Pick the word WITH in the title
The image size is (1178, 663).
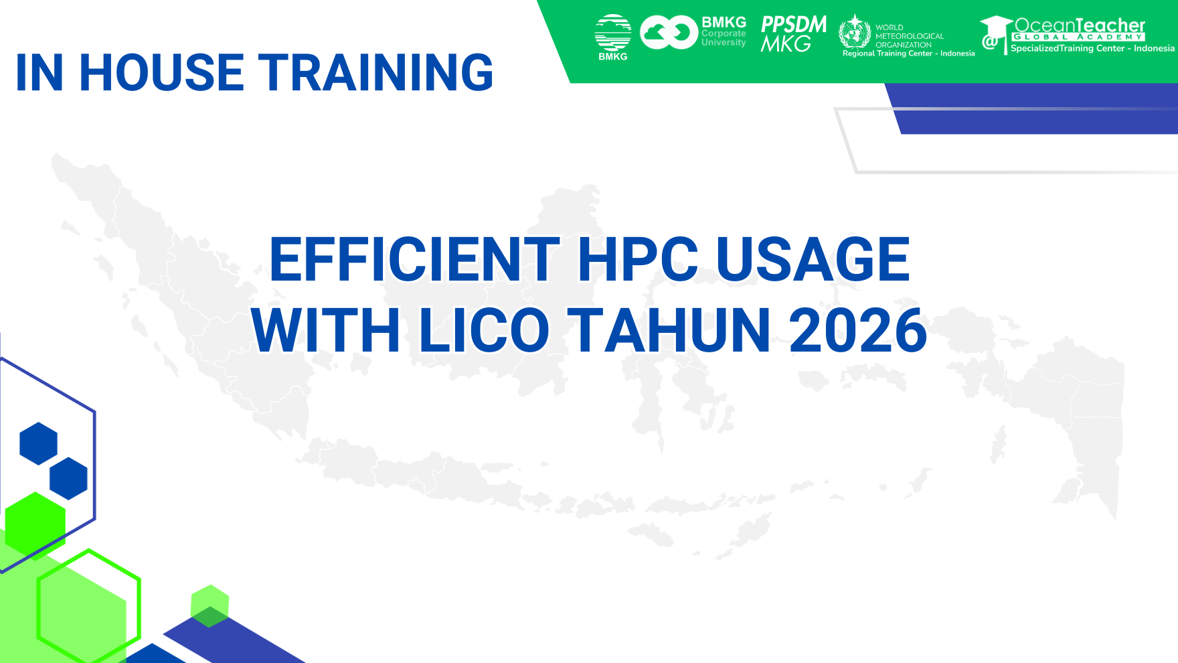326,330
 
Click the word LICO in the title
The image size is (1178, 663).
484,330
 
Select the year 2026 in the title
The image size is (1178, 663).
858,330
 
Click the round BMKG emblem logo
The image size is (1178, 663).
612,33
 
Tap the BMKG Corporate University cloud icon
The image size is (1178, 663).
669,32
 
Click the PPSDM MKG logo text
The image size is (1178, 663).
793,33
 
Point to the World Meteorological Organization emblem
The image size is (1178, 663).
855,31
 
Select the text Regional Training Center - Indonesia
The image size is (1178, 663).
908,54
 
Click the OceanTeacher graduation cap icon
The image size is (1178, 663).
995,33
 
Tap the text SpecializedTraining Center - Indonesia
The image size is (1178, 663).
1092,48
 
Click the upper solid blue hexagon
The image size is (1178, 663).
39,443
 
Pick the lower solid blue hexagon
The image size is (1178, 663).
68,478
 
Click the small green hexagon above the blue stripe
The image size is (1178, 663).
209,605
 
